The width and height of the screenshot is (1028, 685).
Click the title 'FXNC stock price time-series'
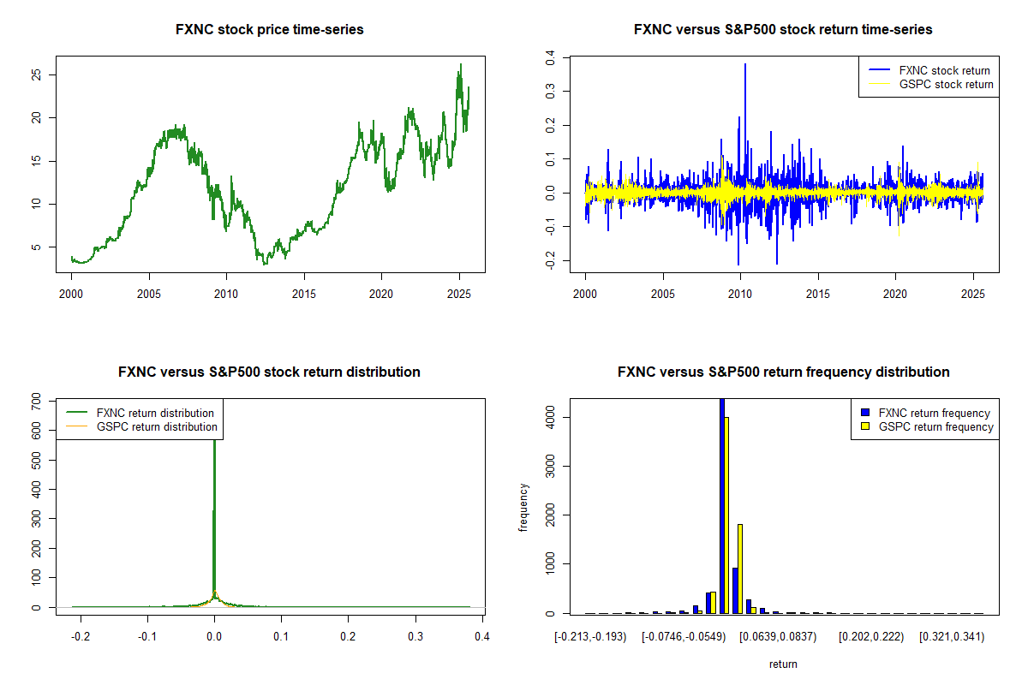[269, 30]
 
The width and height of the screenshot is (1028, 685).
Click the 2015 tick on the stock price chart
[304, 294]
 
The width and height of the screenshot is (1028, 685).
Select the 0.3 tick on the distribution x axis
[415, 636]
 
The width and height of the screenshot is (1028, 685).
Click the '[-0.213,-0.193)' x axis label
[591, 636]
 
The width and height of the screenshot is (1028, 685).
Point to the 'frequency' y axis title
[523, 507]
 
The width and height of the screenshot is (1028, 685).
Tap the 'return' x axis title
[783, 664]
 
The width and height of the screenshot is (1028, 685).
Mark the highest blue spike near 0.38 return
[745, 65]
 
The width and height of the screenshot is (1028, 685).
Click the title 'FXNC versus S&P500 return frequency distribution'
[783, 372]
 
